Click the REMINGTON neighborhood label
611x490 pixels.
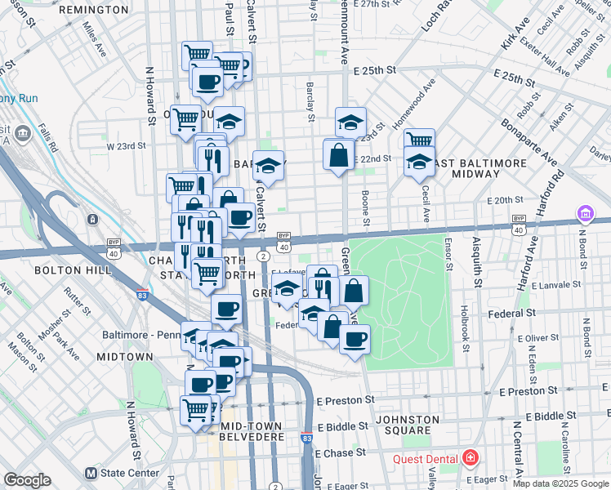click(94, 10)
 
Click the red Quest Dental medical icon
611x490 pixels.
click(471, 457)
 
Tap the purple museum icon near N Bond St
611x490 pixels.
click(586, 214)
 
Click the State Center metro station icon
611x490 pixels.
click(92, 473)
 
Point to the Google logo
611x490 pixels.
click(28, 479)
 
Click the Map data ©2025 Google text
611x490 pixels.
click(560, 483)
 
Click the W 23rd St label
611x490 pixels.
click(126, 146)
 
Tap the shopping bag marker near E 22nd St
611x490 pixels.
click(338, 155)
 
